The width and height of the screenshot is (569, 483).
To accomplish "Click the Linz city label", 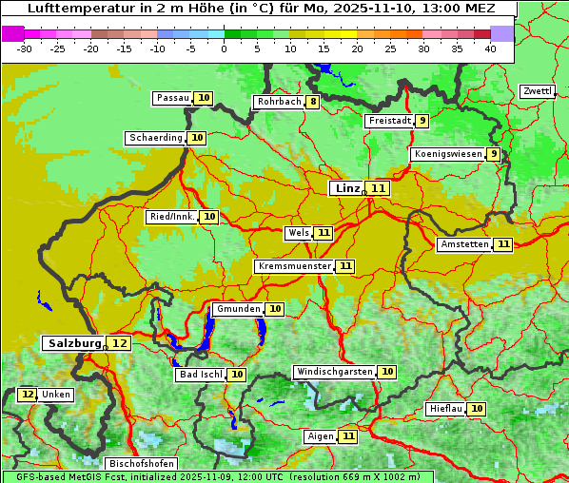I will (x=346, y=188).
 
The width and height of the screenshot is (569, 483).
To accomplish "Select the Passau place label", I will (x=173, y=98).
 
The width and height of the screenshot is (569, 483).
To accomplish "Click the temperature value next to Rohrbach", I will (x=313, y=102).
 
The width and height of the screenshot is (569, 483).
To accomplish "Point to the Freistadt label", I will (x=389, y=121).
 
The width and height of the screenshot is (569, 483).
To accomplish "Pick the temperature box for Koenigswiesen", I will (x=493, y=154).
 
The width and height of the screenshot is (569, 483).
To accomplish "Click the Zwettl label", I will (x=537, y=91).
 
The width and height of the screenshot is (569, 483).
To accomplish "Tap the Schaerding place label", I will (x=156, y=138).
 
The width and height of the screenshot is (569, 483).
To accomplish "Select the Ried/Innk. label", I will (x=171, y=217).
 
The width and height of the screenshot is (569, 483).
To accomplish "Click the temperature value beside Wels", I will (x=324, y=233).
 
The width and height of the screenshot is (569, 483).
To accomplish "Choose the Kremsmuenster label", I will (x=294, y=266).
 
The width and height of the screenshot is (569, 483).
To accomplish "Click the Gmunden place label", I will (x=237, y=309).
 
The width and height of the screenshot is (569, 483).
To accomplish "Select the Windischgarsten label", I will (x=333, y=372).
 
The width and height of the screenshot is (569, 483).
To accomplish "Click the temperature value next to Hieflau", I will (x=477, y=409).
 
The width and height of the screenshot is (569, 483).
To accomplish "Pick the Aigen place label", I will (x=320, y=436).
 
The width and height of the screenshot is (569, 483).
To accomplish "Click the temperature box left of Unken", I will (x=28, y=395).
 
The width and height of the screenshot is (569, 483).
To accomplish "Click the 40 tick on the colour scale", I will (x=489, y=48).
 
